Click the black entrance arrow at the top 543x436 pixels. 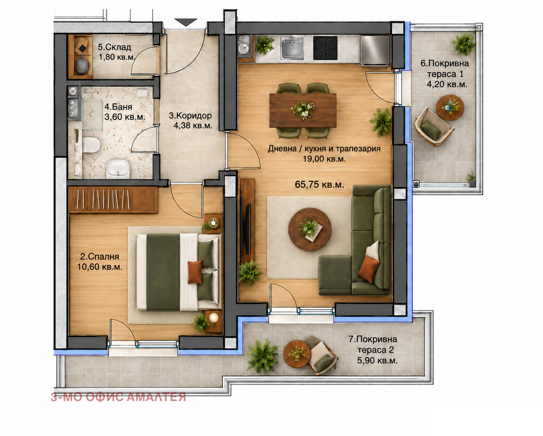[186, 22]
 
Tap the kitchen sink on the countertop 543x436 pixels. [292, 48]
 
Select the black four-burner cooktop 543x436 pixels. [325, 48]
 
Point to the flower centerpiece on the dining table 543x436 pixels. [303, 109]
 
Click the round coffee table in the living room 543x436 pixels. [310, 229]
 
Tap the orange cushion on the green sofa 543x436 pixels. [368, 269]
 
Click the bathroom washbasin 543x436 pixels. [118, 169]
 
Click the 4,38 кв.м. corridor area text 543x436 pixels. [193, 125]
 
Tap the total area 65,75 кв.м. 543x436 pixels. [319, 184]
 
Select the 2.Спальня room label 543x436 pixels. [100, 257]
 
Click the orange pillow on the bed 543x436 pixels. [195, 272]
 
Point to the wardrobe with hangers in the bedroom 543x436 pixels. [113, 200]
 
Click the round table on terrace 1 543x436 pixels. [450, 107]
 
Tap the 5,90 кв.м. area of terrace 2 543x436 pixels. [377, 361]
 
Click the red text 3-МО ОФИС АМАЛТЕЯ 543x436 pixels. [118, 397]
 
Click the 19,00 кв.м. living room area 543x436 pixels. [324, 159]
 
